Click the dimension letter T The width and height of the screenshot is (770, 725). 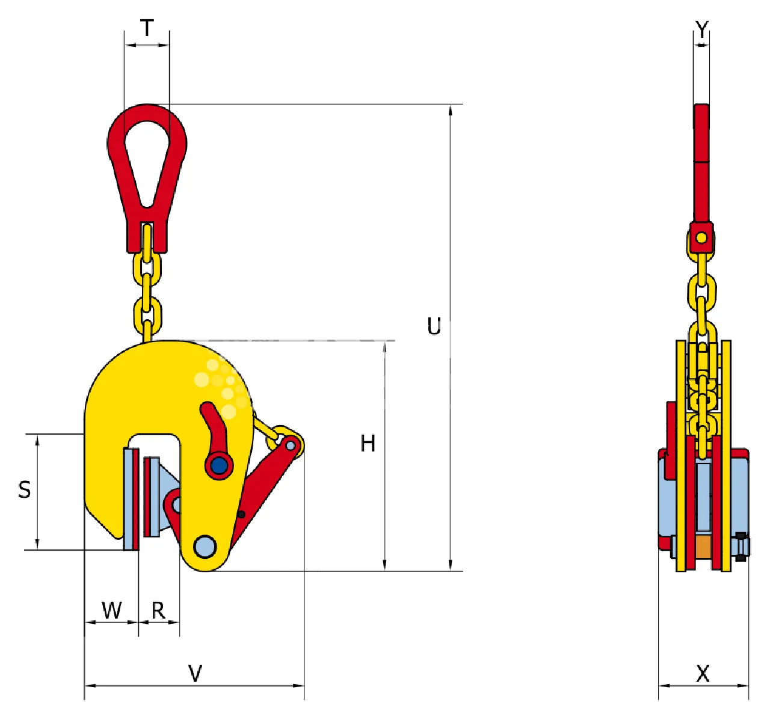pos(147,28)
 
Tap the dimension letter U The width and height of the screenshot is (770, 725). pos(434,326)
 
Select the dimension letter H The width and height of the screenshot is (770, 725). pos(368,444)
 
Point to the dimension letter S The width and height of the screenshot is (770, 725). pos(25,490)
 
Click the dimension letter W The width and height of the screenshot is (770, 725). pos(112,610)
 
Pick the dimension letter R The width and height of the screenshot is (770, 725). pos(158,611)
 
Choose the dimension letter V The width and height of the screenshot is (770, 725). pos(195,673)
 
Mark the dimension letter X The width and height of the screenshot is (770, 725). pos(703,673)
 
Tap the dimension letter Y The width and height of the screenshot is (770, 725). pos(701,29)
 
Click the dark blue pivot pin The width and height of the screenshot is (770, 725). pos(219,465)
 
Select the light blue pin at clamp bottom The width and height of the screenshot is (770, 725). pos(205,546)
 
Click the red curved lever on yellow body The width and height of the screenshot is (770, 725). pos(214,427)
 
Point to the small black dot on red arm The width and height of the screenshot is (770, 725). pos(241,514)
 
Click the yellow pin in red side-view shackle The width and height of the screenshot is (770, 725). pos(701,237)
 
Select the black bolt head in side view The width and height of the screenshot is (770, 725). pos(741,546)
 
